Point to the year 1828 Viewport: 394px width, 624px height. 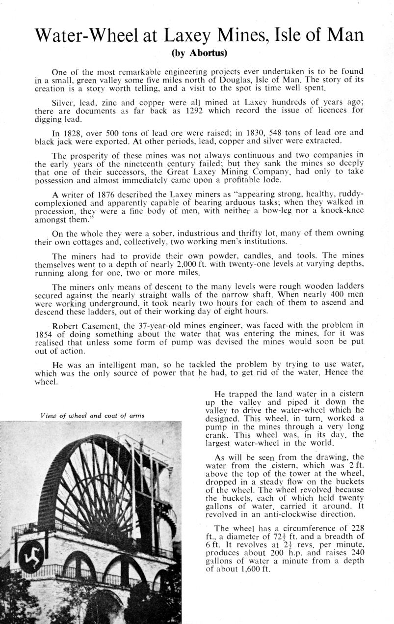[x=73, y=132]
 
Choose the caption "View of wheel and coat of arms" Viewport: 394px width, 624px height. [x=92, y=416]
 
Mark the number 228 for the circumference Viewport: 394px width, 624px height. [x=354, y=529]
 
